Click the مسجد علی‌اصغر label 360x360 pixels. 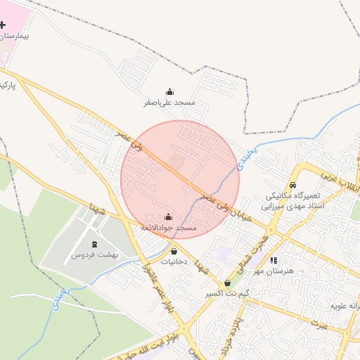point(169,104)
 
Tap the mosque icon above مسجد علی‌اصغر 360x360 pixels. point(169,92)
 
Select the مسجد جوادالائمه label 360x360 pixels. point(168,229)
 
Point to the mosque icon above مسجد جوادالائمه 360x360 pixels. point(168,217)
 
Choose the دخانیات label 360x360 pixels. point(174,262)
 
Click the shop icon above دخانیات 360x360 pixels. point(174,250)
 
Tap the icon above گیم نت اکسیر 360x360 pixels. point(226,283)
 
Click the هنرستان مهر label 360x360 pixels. point(274,271)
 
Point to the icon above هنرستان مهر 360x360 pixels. point(274,259)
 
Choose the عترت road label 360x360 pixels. point(321,323)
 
